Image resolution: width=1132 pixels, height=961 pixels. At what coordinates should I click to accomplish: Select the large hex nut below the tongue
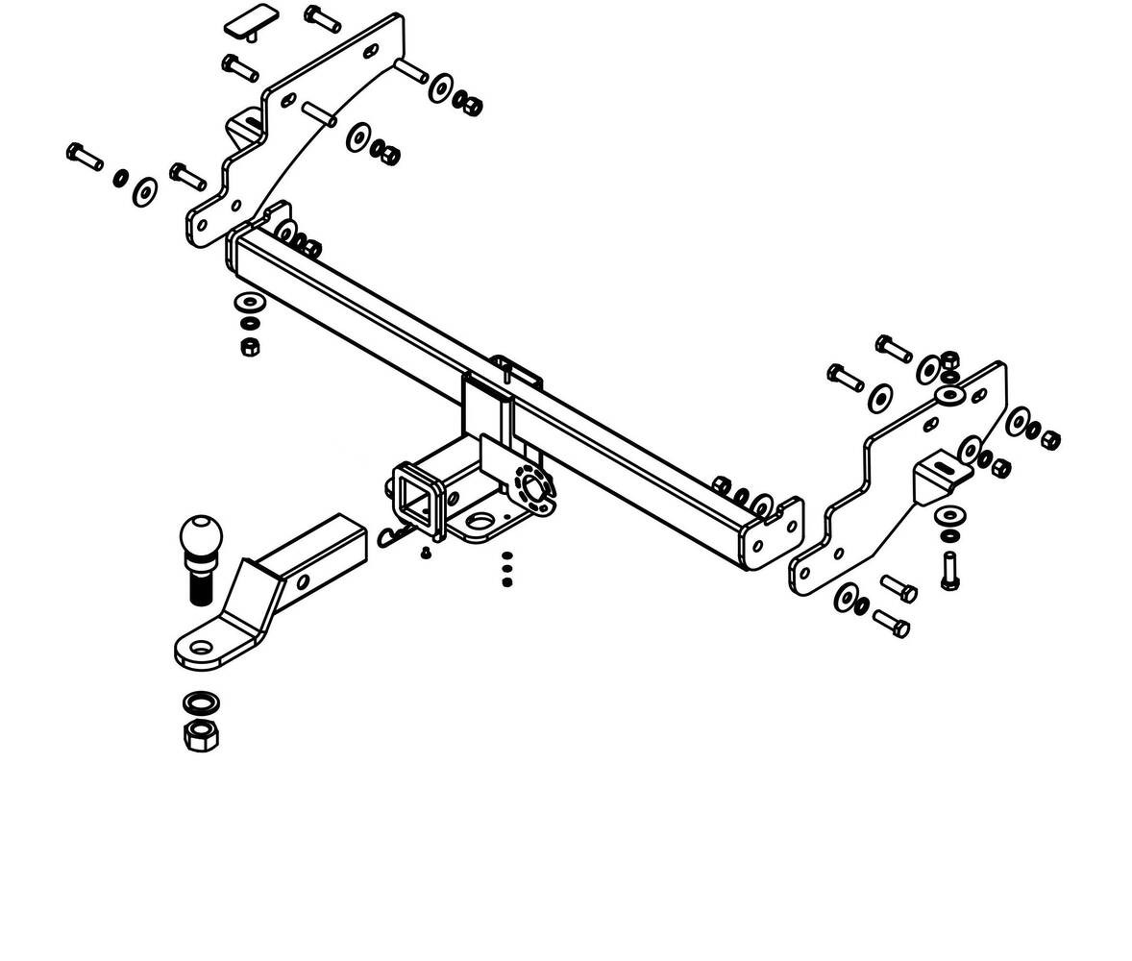click(x=201, y=736)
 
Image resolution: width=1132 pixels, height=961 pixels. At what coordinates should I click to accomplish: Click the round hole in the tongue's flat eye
click(x=201, y=648)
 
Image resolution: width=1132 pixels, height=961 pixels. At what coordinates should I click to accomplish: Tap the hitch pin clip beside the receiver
click(x=392, y=536)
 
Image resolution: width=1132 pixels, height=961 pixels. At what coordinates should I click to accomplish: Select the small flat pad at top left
click(x=251, y=21)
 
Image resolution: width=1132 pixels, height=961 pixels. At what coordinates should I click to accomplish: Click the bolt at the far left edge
click(x=85, y=157)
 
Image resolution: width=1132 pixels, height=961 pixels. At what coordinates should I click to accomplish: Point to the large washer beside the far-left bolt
click(x=145, y=191)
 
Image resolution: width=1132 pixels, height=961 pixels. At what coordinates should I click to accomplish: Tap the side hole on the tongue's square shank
click(x=303, y=581)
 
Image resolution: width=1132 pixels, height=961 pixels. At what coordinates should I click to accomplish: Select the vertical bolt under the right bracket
click(x=949, y=572)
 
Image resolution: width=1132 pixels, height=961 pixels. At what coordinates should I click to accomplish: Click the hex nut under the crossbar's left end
click(x=248, y=346)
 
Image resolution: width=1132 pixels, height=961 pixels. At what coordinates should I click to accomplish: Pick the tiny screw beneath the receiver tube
click(x=426, y=553)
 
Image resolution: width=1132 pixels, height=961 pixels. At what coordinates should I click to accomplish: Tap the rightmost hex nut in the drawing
click(x=1050, y=439)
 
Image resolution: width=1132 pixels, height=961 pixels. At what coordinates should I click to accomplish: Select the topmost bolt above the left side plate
click(x=322, y=17)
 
